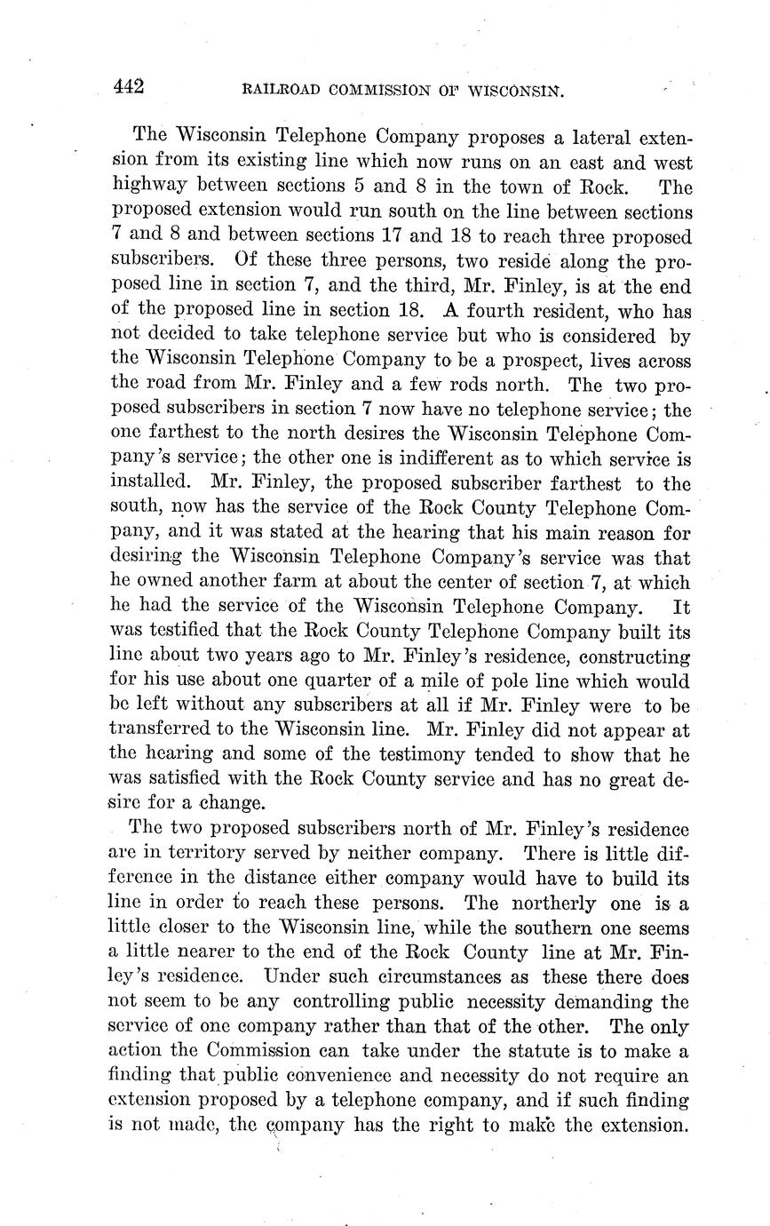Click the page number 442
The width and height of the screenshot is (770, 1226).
129,87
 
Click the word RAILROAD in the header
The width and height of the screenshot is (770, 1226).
272,90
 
